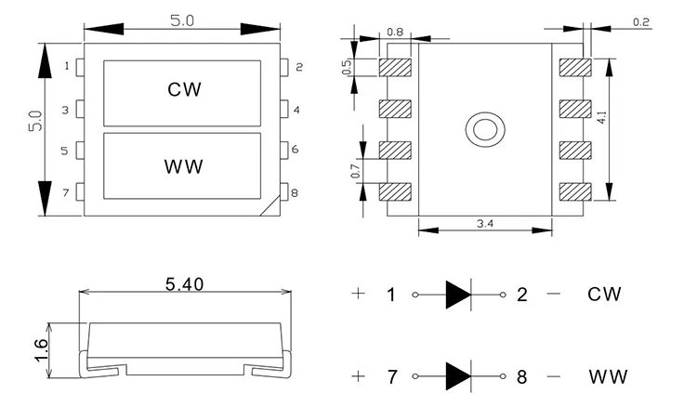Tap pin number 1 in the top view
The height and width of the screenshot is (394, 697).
pos(66,66)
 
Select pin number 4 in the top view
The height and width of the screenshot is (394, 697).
pos(296,110)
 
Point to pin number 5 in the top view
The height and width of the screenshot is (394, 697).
pos(66,150)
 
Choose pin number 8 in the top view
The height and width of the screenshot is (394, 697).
pos(296,193)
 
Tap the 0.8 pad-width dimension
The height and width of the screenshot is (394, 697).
pos(395,33)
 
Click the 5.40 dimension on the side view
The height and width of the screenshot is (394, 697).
pos(184,285)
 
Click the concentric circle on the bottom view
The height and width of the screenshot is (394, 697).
pos(484,129)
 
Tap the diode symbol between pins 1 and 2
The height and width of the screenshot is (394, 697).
pos(458,295)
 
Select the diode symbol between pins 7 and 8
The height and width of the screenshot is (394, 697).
pos(458,376)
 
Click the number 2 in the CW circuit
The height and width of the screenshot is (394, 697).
pos(522,295)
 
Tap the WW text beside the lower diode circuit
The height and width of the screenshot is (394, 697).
pos(608,377)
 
